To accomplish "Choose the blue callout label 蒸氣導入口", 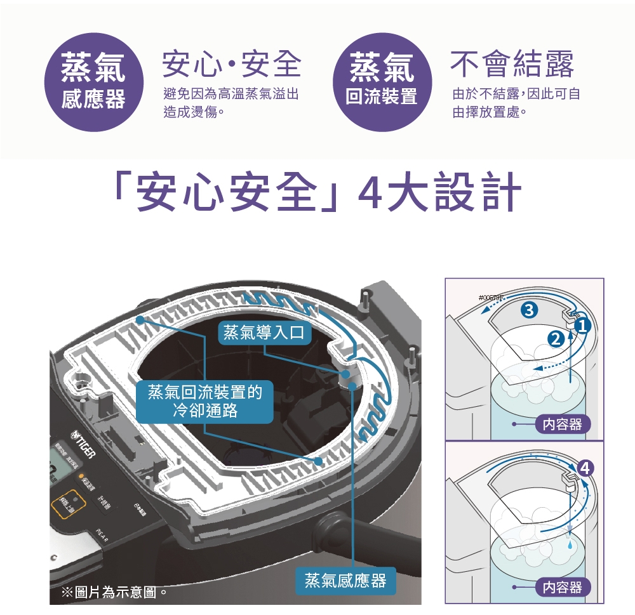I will click(x=265, y=332).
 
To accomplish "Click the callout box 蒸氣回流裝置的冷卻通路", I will click(x=204, y=402).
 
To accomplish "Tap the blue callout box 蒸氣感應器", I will click(x=345, y=580).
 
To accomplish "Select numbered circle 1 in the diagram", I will click(x=583, y=326).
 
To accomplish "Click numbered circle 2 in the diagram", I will click(x=557, y=340).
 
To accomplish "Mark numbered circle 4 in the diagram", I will click(x=585, y=469).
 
